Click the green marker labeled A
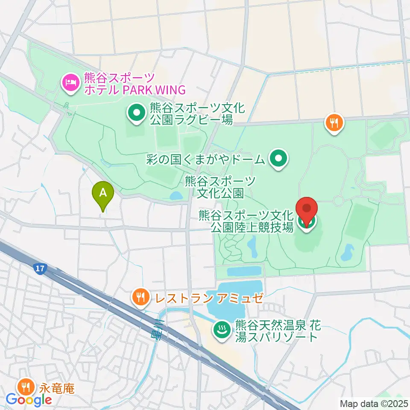[103, 195]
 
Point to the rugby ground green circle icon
[136, 114]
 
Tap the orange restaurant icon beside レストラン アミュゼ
[140, 296]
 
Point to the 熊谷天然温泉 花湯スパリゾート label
[277, 331]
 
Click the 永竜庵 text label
[57, 389]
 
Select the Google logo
[29, 400]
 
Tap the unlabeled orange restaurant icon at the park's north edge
[334, 123]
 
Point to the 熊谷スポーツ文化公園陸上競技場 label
[246, 220]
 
